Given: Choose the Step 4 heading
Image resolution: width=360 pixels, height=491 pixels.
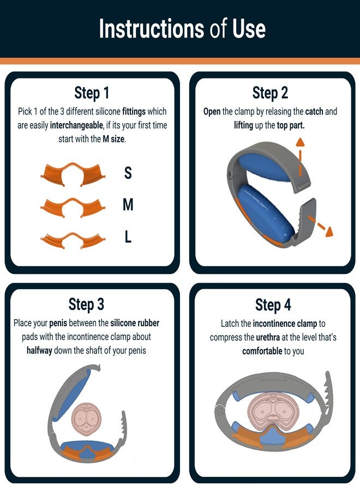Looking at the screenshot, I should click(273, 304).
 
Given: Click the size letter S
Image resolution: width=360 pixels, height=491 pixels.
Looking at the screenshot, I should click(128, 173).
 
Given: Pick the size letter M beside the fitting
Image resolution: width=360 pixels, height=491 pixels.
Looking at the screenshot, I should click(128, 205).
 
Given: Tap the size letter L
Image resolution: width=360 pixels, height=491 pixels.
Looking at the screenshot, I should click(128, 237).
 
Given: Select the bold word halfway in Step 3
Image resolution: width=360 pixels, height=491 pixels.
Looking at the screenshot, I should click(43, 350).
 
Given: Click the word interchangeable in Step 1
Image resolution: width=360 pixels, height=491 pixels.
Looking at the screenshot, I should click(75, 125).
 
